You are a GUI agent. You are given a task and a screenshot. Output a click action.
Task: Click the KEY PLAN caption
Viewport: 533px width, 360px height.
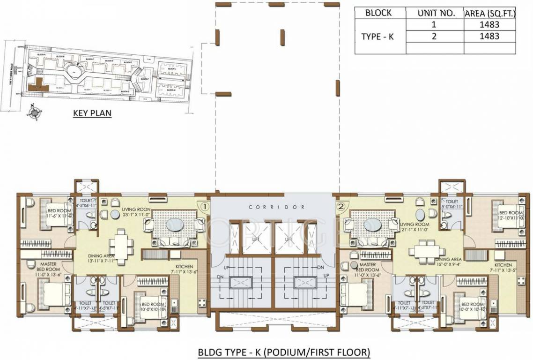[x=92, y=113]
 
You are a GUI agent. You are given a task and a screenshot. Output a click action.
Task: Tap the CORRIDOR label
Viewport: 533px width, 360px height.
[x=277, y=207]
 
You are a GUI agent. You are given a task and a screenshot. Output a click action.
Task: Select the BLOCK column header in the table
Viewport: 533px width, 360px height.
[x=379, y=13]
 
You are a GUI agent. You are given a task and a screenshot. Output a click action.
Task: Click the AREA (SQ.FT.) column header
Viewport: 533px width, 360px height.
[x=490, y=13]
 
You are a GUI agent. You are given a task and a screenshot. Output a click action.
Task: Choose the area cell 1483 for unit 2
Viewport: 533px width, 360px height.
[x=489, y=36]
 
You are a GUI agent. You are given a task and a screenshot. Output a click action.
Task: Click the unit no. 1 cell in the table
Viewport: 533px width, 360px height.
[x=434, y=25]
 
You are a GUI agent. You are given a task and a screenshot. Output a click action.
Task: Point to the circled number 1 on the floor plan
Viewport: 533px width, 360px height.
[x=204, y=205]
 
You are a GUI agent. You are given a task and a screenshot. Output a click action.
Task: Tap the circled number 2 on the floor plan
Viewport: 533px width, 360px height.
[x=341, y=205]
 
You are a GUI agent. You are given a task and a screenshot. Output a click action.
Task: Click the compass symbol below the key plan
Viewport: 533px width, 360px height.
[x=34, y=112]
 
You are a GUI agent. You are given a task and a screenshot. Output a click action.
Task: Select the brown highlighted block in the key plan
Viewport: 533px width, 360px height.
[x=36, y=86]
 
